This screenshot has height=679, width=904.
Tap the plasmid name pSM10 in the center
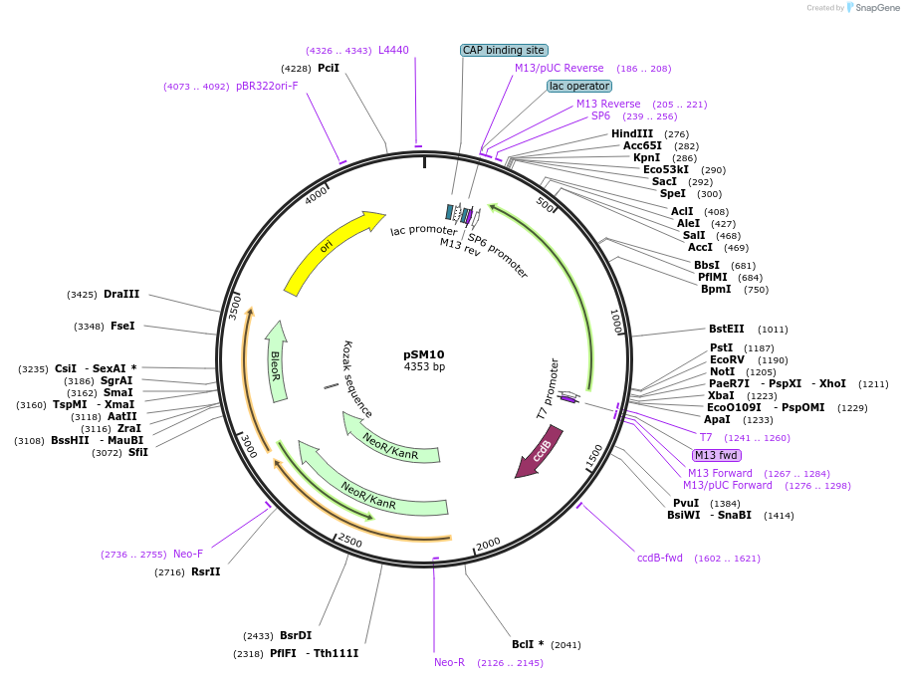click(423, 354)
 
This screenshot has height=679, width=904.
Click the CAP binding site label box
click(504, 50)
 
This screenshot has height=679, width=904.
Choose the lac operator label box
click(579, 87)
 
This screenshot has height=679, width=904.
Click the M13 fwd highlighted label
click(717, 455)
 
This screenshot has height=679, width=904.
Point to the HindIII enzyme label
click(632, 133)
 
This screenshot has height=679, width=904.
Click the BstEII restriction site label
click(727, 329)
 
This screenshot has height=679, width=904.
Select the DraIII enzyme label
click(121, 294)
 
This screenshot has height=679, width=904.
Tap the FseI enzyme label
click(123, 326)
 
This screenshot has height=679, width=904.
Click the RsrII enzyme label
click(205, 571)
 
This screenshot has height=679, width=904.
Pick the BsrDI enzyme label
click(296, 635)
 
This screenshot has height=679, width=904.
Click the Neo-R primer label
click(449, 662)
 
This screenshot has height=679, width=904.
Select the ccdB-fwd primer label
click(660, 558)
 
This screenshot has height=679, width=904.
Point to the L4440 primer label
click(393, 50)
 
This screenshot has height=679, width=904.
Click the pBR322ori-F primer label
click(267, 86)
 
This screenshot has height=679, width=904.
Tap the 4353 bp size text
click(424, 367)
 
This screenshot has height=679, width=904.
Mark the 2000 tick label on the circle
click(488, 544)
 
